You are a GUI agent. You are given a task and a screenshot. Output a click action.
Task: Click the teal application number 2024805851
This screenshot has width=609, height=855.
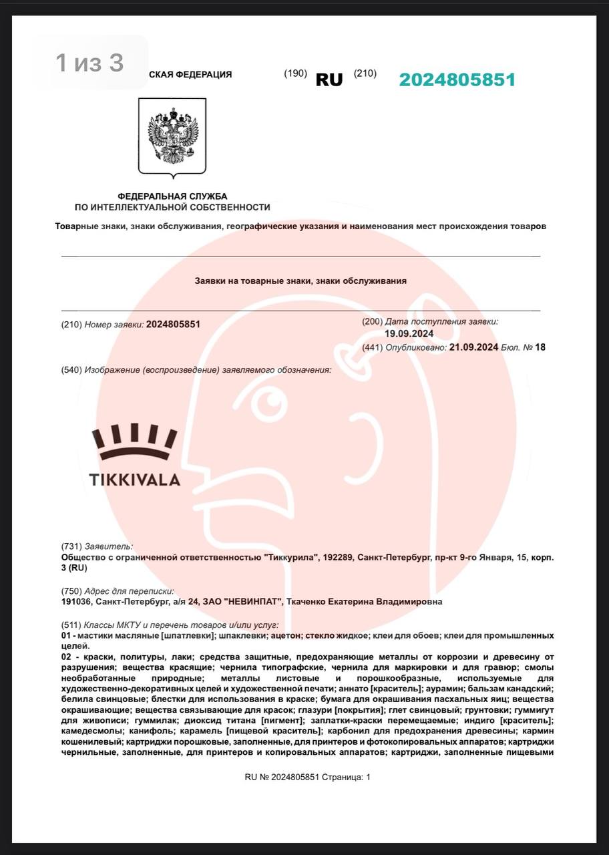click(457, 80)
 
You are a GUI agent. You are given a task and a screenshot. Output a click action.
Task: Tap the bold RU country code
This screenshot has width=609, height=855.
click(329, 80)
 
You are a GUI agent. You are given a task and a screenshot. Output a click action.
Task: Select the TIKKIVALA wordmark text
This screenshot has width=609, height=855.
click(135, 480)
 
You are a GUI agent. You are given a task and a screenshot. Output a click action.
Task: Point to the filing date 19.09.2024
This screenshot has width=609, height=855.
click(409, 334)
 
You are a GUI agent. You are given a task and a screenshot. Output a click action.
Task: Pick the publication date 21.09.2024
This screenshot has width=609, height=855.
click(473, 347)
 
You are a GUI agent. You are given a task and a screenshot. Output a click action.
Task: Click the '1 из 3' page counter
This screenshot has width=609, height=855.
click(89, 63)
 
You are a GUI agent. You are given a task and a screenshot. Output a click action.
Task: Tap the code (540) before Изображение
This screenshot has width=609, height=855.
click(71, 370)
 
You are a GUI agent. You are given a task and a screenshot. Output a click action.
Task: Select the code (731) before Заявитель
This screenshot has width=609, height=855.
click(71, 546)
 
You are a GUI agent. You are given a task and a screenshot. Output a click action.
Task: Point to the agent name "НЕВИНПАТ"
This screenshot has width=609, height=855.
click(252, 602)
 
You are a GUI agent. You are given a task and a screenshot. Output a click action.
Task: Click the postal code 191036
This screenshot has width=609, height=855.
click(75, 602)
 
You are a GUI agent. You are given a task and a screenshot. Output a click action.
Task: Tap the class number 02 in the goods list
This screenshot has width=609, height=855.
click(67, 657)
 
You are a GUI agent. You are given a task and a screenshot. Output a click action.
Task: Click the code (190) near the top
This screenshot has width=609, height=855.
click(295, 73)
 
